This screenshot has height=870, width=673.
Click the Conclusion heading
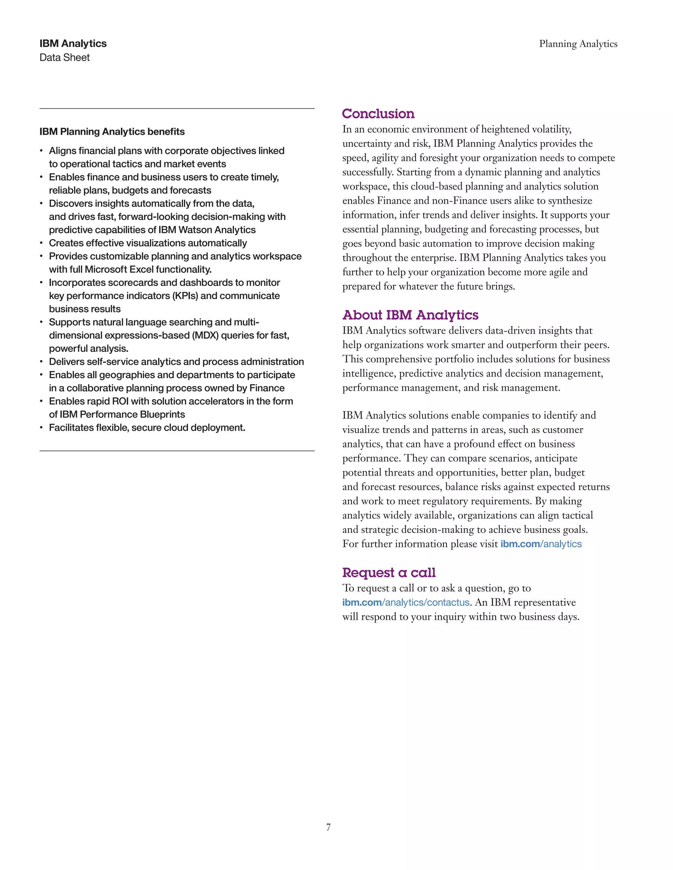point(378,114)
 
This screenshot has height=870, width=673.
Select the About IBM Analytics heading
point(410,315)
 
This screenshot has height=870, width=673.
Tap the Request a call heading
point(389,573)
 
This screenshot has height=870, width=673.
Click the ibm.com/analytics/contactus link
point(406,602)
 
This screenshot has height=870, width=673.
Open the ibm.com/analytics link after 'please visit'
point(541,544)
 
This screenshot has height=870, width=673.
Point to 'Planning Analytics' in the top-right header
point(578,44)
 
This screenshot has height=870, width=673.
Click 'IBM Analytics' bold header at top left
point(73,43)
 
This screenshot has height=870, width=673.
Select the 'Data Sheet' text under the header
point(65,58)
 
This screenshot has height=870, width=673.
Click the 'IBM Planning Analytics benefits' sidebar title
point(112,132)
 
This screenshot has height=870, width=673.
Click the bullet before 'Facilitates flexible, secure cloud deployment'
point(41,428)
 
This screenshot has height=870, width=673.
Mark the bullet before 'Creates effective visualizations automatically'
point(41,243)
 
